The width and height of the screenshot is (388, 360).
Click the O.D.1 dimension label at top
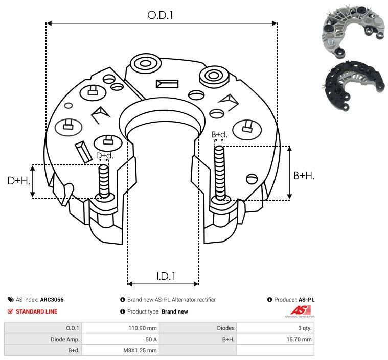tap(161, 15)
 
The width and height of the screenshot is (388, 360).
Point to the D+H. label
tap(18, 180)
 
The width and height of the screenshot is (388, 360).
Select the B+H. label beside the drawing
tap(304, 175)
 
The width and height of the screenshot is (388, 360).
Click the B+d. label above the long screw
tap(219, 135)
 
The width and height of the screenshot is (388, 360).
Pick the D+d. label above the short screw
tap(104, 155)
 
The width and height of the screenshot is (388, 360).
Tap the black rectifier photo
tap(353, 85)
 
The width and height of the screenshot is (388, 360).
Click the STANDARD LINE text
tap(36, 311)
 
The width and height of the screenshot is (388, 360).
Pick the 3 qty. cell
tap(304, 328)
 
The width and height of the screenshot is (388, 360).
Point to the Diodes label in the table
tap(225, 328)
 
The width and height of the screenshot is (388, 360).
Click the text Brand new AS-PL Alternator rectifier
tap(171, 300)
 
